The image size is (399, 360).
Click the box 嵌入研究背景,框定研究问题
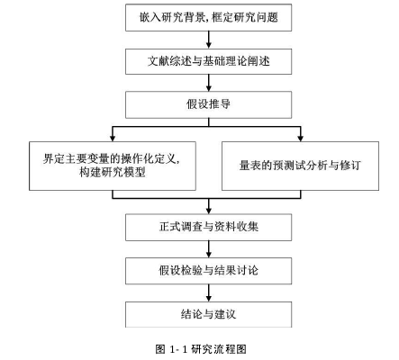coord(208,17)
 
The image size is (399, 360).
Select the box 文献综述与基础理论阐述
coord(208,61)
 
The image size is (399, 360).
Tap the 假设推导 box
coord(208,104)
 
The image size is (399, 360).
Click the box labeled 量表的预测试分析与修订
coord(300,166)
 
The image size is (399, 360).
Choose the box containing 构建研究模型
coord(113,166)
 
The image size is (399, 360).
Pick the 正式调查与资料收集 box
coord(208,227)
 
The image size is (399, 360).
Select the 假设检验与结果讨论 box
coord(208,271)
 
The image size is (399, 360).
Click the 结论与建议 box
coord(208,314)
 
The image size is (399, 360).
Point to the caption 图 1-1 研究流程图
coord(201,349)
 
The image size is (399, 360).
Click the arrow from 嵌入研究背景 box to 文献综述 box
coord(209,40)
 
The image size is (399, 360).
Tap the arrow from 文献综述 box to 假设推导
coord(209,83)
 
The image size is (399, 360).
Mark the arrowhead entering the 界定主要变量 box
coord(113,139)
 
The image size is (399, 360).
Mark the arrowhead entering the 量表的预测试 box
coord(300,139)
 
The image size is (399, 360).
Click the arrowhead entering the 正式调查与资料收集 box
coord(209,211)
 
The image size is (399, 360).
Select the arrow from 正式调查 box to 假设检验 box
coord(209,249)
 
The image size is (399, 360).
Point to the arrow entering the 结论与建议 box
coord(209,292)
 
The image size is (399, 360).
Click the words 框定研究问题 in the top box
coord(245,17)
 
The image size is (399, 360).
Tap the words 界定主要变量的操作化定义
coord(110,158)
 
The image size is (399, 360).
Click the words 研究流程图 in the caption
coord(219,349)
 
